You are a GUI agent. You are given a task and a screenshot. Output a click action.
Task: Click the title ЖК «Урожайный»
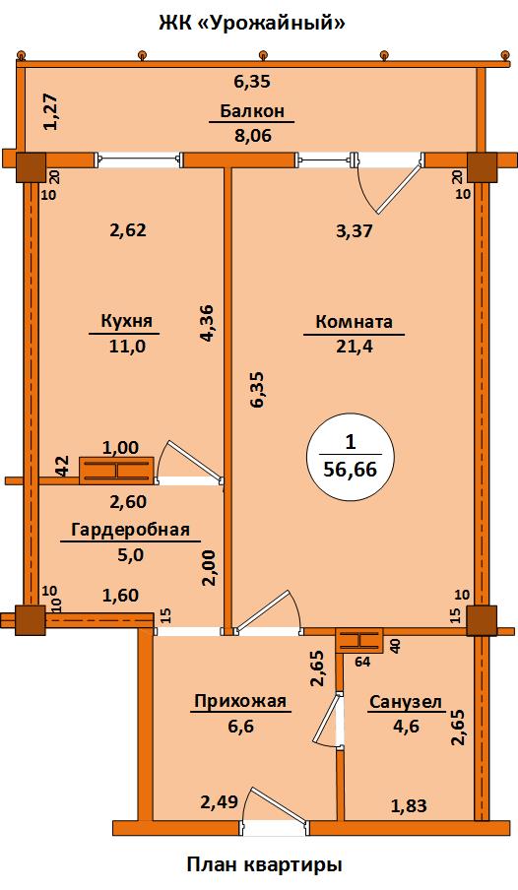pyautogui.click(x=252, y=24)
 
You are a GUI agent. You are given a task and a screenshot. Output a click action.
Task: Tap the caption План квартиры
pyautogui.click(x=264, y=864)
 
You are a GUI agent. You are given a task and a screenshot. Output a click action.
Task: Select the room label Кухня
pyautogui.click(x=127, y=321)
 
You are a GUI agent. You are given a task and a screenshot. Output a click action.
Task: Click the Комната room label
pyautogui.click(x=354, y=322)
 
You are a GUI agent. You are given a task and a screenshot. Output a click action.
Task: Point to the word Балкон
pyautogui.click(x=252, y=110)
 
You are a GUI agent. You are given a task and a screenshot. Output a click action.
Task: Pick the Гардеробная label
pyautogui.click(x=130, y=530)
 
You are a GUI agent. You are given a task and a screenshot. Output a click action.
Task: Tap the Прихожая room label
pyautogui.click(x=239, y=701)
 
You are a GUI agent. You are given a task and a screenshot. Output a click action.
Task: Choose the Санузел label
pyautogui.click(x=406, y=702)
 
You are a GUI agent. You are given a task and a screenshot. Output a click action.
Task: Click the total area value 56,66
pyautogui.click(x=351, y=470)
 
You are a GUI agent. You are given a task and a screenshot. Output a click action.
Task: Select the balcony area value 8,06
pyautogui.click(x=253, y=135)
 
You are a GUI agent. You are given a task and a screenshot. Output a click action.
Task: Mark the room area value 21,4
pyautogui.click(x=355, y=347)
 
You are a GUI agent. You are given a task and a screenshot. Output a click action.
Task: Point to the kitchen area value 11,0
pyautogui.click(x=127, y=346)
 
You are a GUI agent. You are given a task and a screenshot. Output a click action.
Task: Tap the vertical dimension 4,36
pyautogui.click(x=206, y=322)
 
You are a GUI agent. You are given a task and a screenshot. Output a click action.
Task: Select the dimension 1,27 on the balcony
pyautogui.click(x=51, y=112)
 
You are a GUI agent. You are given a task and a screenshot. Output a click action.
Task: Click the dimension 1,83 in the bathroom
pyautogui.click(x=409, y=805)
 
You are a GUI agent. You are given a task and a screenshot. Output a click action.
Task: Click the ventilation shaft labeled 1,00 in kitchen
pyautogui.click(x=116, y=471)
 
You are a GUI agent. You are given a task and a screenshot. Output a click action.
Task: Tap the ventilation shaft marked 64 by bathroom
pyautogui.click(x=359, y=641)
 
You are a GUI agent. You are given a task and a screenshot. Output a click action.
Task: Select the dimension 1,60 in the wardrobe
pyautogui.click(x=120, y=596)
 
